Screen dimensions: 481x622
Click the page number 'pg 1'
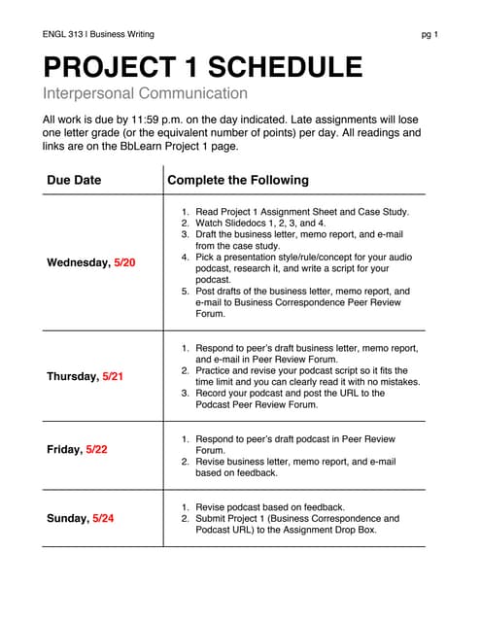(x=429, y=35)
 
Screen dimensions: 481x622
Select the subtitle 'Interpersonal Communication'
(x=145, y=94)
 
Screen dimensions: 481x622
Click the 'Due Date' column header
(x=74, y=180)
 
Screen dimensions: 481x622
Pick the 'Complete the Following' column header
(x=238, y=180)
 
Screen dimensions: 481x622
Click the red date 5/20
(x=124, y=262)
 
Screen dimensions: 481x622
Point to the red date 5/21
(x=115, y=376)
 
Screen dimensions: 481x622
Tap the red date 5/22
(x=98, y=450)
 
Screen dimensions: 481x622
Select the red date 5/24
(x=103, y=518)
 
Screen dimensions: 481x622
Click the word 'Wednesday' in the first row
(x=78, y=262)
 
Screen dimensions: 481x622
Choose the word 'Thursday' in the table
(x=72, y=376)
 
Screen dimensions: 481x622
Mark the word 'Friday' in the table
(x=64, y=450)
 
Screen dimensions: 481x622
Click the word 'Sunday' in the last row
(x=67, y=518)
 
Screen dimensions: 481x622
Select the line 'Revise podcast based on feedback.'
(x=270, y=506)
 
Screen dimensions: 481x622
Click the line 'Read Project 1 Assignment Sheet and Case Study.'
(x=302, y=211)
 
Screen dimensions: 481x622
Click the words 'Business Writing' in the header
(x=121, y=35)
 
